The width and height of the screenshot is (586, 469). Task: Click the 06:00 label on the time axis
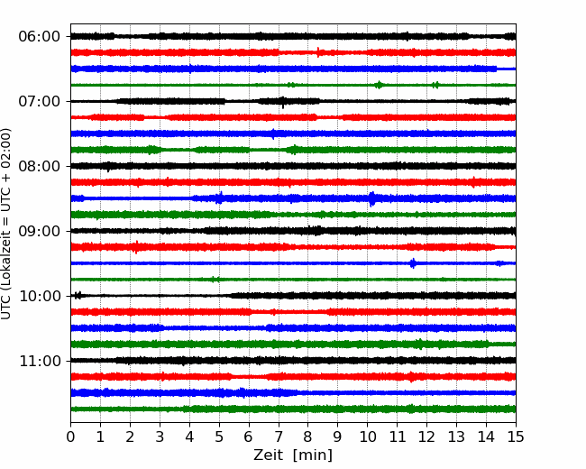(x=40, y=37)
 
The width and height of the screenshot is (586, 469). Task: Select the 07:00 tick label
(x=40, y=101)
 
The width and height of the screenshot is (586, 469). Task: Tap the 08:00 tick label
(x=40, y=166)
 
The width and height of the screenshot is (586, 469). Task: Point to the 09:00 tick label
(x=40, y=231)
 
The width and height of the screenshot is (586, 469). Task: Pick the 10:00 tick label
(x=40, y=296)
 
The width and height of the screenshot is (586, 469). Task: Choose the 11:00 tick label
(x=40, y=361)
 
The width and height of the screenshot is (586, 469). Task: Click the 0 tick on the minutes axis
(x=70, y=437)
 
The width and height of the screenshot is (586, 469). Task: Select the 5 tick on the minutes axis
(x=219, y=437)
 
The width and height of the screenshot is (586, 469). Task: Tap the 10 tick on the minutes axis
(x=367, y=437)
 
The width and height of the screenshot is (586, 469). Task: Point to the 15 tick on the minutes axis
(x=516, y=437)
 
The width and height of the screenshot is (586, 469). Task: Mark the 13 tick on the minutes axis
(x=456, y=437)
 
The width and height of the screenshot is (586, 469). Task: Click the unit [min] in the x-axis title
(x=313, y=455)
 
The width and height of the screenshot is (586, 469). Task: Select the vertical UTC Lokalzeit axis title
(x=6, y=224)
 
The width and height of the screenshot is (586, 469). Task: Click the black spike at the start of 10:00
(x=78, y=296)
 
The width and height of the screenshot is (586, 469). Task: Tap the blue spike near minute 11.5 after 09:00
(x=413, y=263)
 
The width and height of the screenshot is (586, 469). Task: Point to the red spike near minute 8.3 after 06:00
(x=318, y=52)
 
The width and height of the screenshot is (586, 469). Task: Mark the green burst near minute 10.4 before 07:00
(x=379, y=85)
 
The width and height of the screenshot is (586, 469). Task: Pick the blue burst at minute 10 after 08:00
(x=371, y=198)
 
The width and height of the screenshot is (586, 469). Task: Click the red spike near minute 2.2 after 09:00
(x=137, y=247)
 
